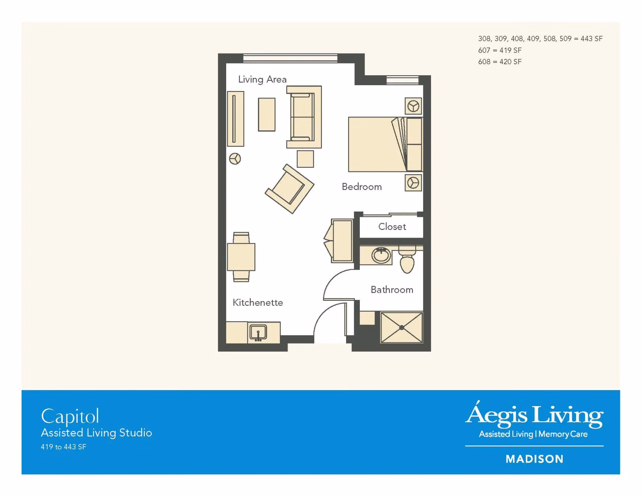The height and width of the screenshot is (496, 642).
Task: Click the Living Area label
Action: [262, 80]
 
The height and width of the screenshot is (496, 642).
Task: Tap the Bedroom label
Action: [361, 187]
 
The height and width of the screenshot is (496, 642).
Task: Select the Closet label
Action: [392, 227]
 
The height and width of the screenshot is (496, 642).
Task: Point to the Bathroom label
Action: [392, 289]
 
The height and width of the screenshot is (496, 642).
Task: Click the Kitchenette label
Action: [257, 302]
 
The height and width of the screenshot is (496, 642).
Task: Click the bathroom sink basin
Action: [381, 256]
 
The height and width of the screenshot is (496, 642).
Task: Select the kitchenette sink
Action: [258, 333]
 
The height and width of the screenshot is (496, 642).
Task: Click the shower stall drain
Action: [402, 328]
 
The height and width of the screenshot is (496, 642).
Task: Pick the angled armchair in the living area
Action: [289, 189]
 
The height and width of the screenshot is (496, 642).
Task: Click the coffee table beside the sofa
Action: [266, 114]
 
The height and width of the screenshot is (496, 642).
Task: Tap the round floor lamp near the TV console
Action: [235, 159]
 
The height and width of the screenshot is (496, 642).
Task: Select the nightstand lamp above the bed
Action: [413, 106]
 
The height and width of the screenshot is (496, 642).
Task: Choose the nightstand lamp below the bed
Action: [413, 183]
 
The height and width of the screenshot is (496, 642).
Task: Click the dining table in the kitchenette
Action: [241, 257]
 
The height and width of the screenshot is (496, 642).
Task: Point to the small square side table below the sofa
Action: [305, 159]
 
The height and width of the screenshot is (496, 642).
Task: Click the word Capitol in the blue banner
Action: [70, 417]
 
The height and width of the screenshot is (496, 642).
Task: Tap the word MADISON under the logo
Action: [534, 459]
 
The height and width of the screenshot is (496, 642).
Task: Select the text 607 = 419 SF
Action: [500, 50]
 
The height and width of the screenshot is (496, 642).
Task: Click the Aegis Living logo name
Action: [534, 414]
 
